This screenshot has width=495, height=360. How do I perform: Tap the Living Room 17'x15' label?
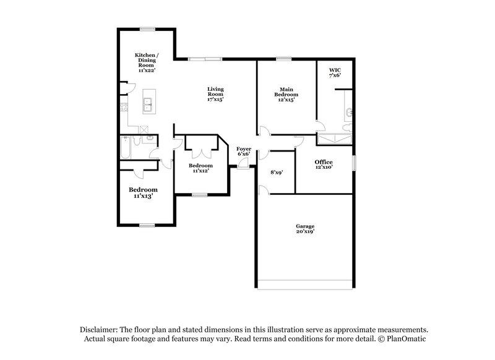[215, 94]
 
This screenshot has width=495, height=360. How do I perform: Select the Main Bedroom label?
[286, 94]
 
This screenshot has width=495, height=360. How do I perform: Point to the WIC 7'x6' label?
[335, 72]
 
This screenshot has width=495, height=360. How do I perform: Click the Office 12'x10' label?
[324, 164]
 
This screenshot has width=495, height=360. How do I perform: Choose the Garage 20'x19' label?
[304, 229]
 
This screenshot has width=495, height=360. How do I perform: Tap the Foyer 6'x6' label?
[244, 152]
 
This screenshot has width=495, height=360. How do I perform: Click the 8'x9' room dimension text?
[276, 173]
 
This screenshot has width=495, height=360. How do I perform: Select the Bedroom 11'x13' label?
[142, 192]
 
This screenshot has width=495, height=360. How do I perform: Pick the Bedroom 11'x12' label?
[200, 168]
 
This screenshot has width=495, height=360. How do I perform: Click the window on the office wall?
[355, 162]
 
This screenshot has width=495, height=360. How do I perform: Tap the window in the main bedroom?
[284, 59]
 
